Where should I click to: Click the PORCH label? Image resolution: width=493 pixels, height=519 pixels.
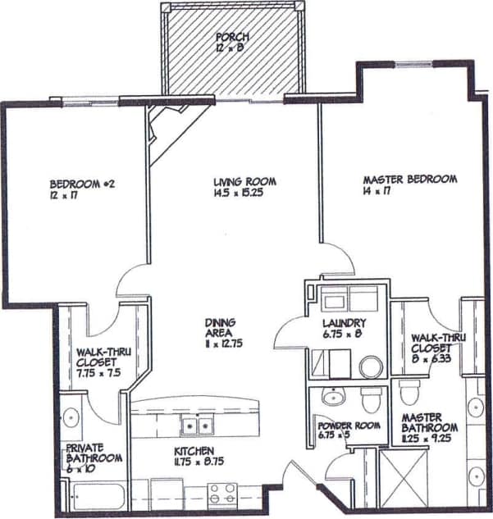(x=233, y=38)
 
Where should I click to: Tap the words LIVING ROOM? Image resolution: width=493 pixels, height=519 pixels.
(x=244, y=182)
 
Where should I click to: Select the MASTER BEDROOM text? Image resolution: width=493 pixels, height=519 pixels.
(x=409, y=180)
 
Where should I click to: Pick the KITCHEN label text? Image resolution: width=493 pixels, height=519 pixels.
(x=194, y=451)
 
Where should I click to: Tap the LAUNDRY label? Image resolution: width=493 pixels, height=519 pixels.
(x=344, y=323)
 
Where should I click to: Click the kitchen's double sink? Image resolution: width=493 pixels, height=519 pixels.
(x=197, y=426)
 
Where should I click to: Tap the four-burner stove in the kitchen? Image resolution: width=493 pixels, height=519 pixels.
(x=221, y=494)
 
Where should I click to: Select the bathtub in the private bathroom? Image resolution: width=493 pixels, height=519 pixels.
(x=94, y=495)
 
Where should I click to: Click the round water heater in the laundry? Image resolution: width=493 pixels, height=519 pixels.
(x=371, y=366)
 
